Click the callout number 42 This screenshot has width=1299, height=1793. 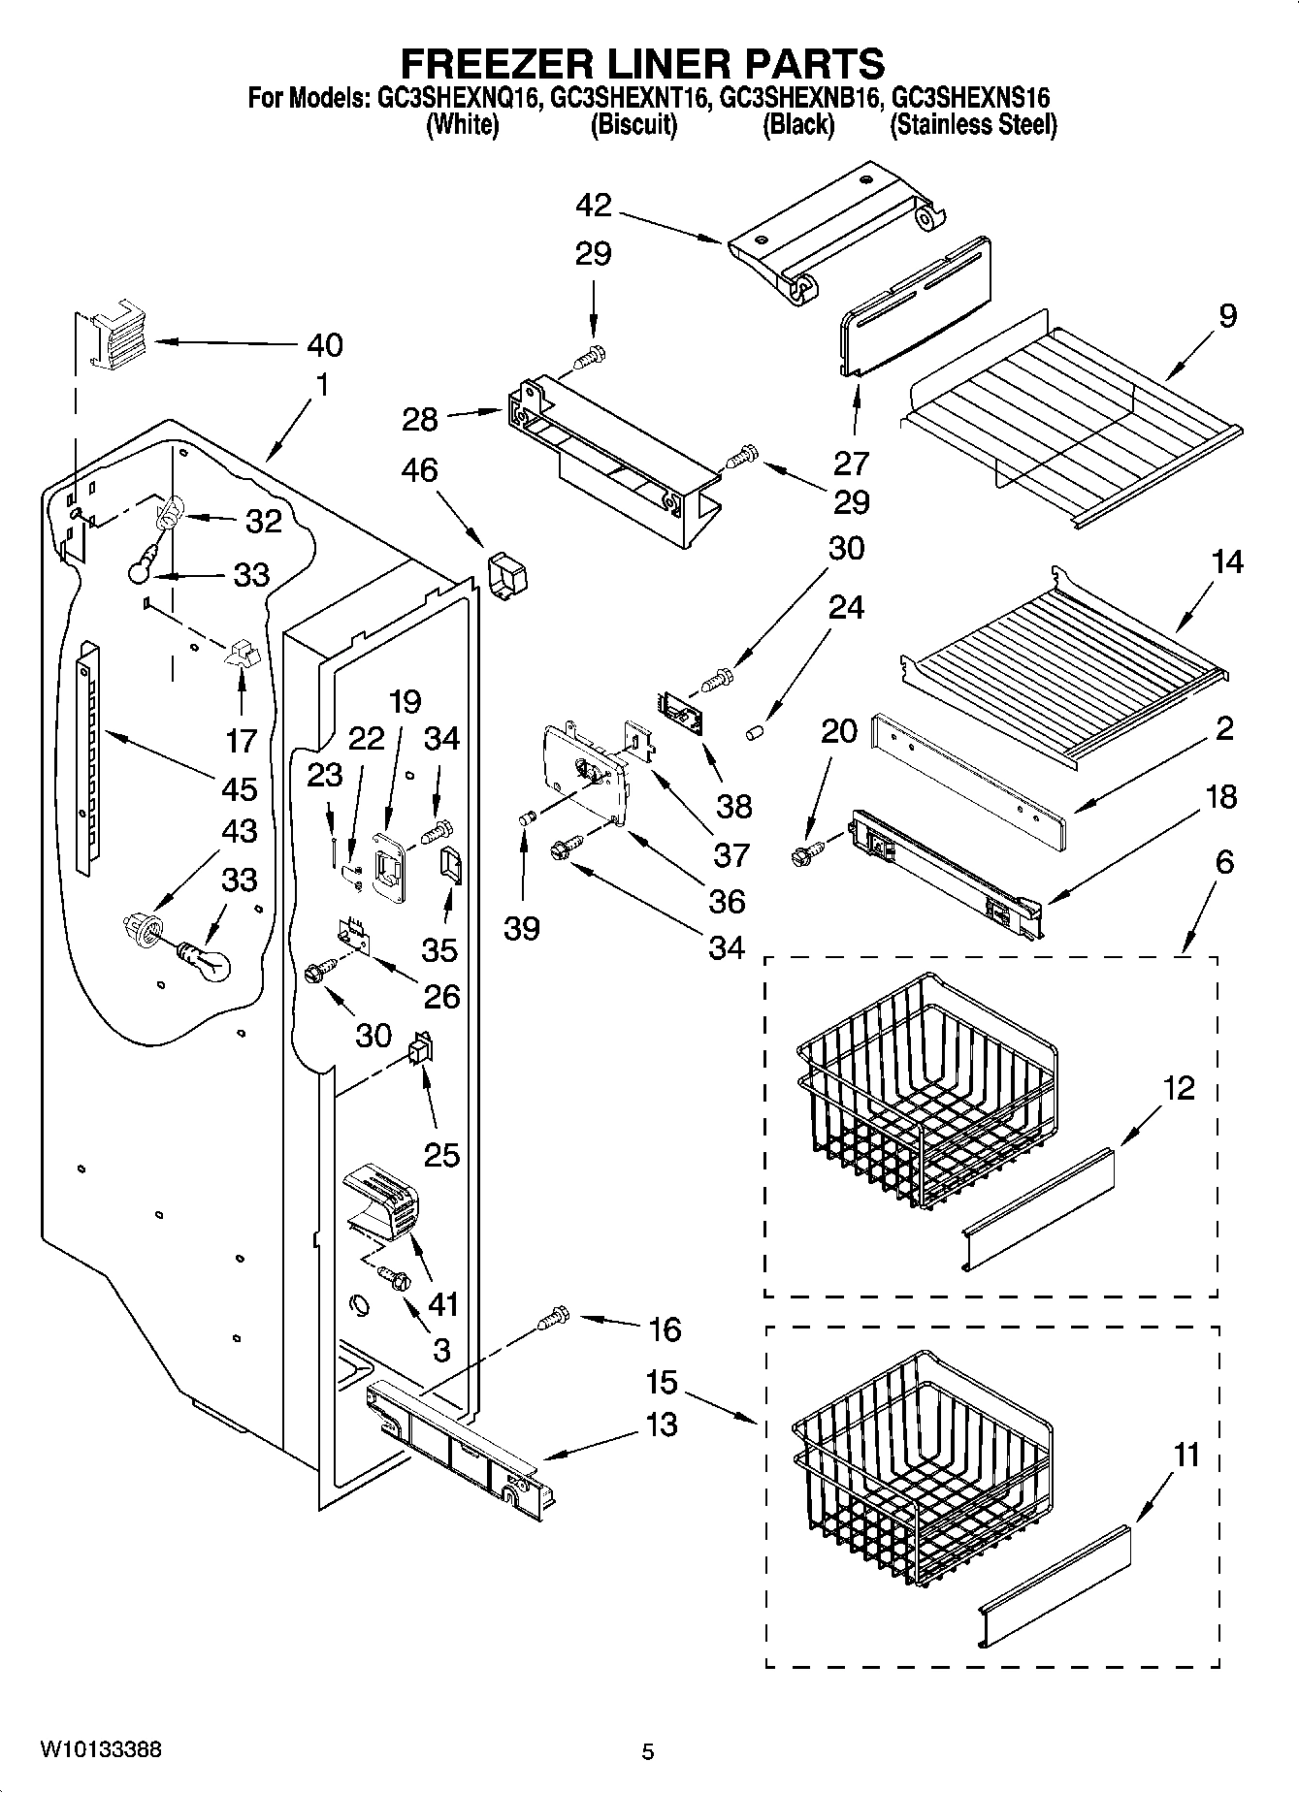point(594,206)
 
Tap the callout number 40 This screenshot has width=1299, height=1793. point(324,344)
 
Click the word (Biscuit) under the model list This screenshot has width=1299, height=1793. point(633,125)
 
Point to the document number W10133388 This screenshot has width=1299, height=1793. point(101,1749)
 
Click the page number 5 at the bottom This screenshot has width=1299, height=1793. point(648,1751)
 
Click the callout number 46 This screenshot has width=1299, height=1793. point(419,470)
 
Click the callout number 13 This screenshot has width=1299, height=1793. point(662,1425)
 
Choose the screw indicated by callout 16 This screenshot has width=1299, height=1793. point(553,1318)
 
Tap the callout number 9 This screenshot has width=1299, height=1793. point(1227,316)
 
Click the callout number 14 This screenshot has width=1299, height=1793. point(1227,561)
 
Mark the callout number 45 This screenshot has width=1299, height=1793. point(240,788)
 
